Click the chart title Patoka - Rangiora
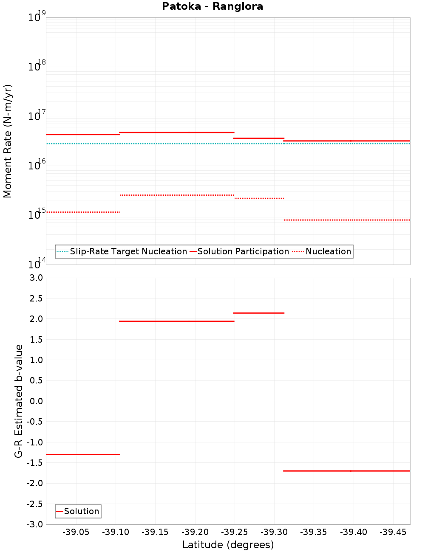click(x=212, y=7)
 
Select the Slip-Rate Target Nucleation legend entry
click(x=128, y=251)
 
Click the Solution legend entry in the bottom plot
click(x=81, y=511)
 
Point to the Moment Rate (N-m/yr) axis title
click(x=8, y=141)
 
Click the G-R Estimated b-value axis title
click(x=19, y=401)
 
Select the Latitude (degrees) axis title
click(x=228, y=545)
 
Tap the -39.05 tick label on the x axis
click(x=76, y=532)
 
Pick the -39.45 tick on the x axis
click(x=393, y=532)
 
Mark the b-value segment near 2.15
click(x=258, y=313)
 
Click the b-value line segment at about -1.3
click(x=83, y=454)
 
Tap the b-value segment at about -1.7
click(x=346, y=471)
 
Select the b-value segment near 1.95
click(x=176, y=321)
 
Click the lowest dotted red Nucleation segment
click(x=346, y=220)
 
